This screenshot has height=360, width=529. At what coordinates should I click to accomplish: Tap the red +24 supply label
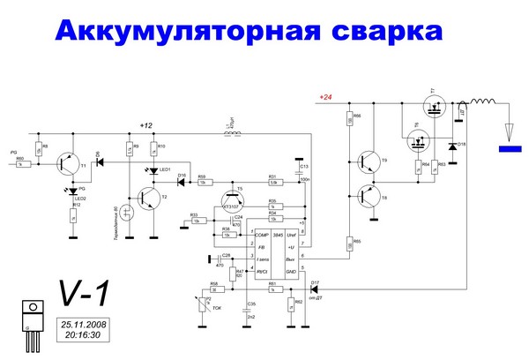tap(325, 96)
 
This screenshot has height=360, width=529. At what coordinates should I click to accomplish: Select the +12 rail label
tap(148, 124)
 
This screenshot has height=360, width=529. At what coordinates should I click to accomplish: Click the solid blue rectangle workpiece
tap(510, 149)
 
